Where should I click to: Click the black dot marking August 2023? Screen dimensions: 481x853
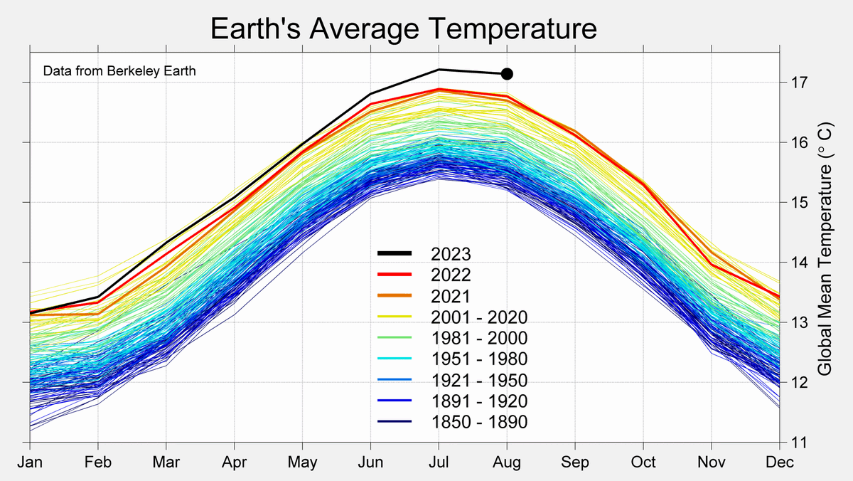[x=507, y=73]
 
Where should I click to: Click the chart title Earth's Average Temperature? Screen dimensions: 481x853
[x=403, y=29]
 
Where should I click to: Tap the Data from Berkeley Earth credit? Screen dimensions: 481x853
[x=119, y=71]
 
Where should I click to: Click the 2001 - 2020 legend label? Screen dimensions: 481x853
[x=479, y=317]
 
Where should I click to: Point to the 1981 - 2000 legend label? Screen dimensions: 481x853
[x=479, y=337]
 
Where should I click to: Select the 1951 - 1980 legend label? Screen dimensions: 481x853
[x=479, y=359]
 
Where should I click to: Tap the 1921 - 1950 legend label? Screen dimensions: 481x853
[x=479, y=380]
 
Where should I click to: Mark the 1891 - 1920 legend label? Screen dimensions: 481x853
[x=479, y=401]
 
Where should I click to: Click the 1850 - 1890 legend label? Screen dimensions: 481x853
[x=479, y=422]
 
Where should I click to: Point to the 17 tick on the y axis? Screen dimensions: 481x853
[x=795, y=83]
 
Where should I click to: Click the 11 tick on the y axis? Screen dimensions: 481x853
[x=795, y=442]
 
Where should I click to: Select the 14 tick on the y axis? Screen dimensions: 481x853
[x=795, y=263]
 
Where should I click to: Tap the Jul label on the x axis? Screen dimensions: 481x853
[x=439, y=462]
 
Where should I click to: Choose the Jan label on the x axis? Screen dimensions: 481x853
[x=31, y=462]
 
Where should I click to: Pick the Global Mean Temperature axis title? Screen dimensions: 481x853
[x=825, y=248]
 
